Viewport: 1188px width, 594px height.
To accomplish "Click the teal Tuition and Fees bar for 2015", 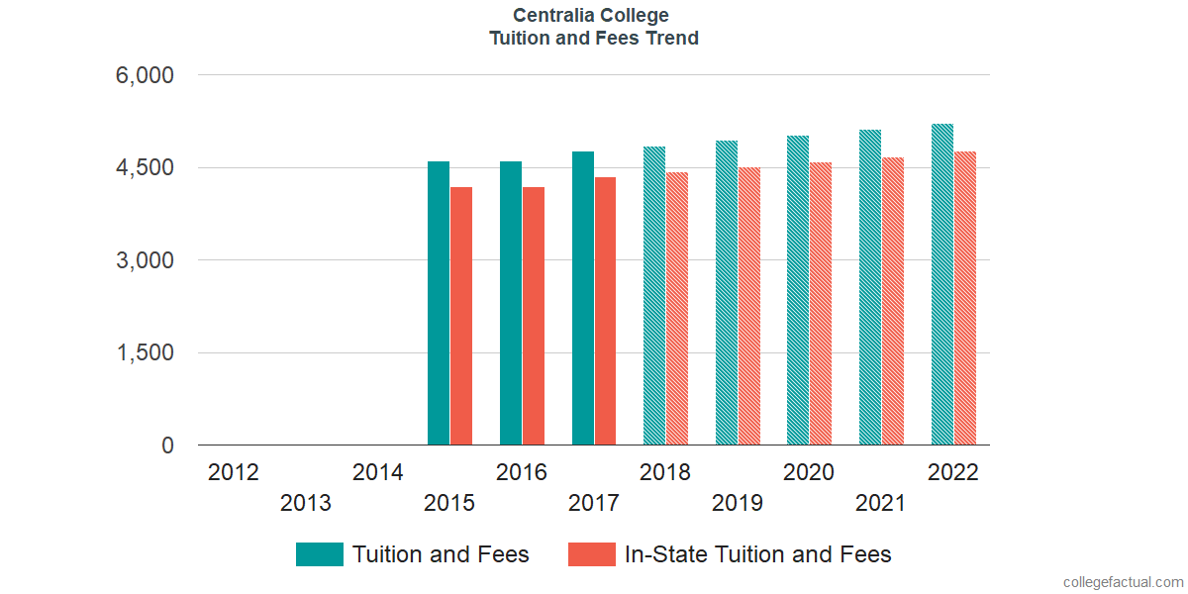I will [439, 303].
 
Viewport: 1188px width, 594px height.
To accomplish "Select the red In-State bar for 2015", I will [461, 316].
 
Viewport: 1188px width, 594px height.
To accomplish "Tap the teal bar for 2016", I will [511, 303].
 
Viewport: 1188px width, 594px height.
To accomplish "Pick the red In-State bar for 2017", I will [605, 311].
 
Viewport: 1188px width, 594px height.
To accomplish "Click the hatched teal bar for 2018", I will [654, 296].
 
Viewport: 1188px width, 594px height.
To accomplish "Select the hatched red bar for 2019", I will [748, 306].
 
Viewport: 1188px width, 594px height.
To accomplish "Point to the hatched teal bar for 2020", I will [798, 290].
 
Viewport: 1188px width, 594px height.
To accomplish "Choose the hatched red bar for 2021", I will [892, 301].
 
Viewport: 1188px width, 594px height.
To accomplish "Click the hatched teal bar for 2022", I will [942, 284].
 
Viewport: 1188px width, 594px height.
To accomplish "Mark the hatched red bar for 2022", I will [965, 298].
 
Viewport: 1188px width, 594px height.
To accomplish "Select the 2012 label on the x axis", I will [234, 472].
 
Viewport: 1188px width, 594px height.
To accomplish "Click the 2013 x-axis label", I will [306, 504].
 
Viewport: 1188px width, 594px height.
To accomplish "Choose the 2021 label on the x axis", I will [881, 504].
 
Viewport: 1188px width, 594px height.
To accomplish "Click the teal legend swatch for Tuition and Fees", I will [320, 554].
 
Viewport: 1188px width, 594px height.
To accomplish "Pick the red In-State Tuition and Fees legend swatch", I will [592, 554].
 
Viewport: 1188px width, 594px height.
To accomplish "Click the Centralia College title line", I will [591, 16].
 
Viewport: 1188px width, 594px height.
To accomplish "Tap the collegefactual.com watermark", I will [1123, 582].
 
